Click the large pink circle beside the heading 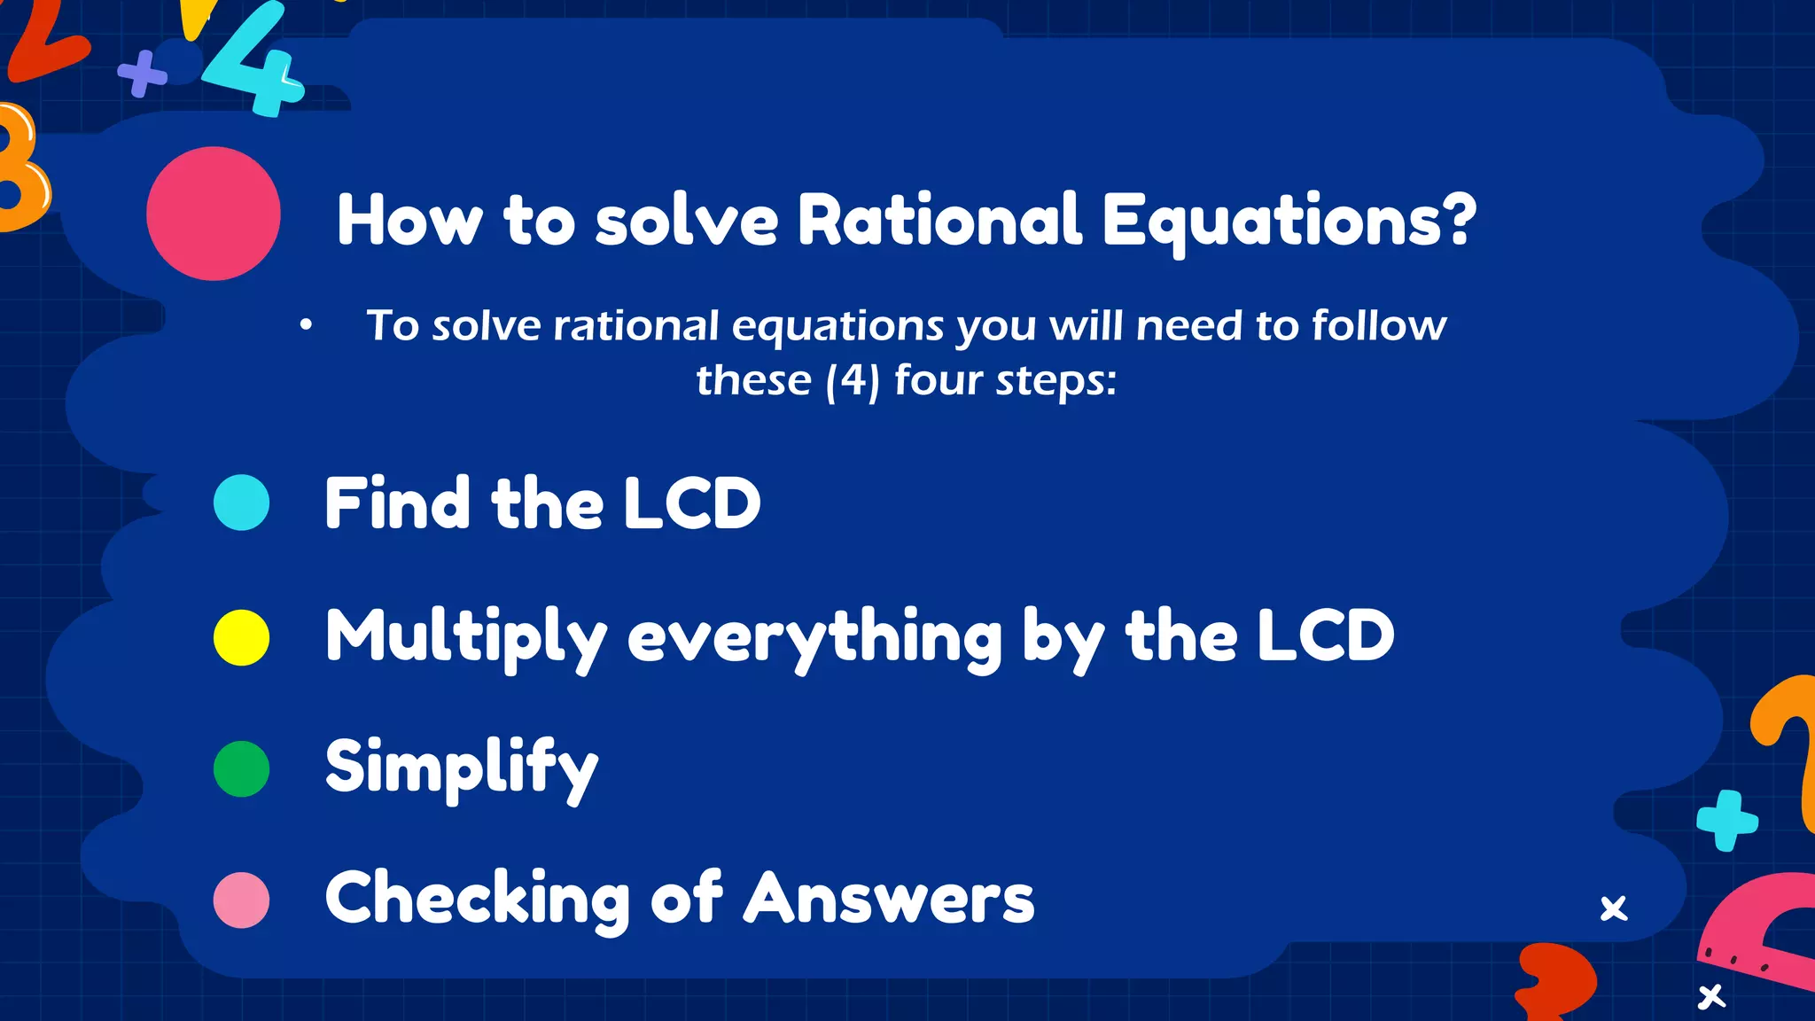(214, 214)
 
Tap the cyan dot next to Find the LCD (241, 503)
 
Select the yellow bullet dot (241, 637)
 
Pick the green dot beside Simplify (241, 768)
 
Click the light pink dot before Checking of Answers (241, 900)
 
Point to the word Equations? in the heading (1289, 221)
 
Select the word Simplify (462, 768)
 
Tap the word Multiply (466, 636)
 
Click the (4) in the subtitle (853, 381)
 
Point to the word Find (396, 503)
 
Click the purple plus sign (142, 74)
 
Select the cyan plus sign (1726, 821)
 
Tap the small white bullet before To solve (306, 325)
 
